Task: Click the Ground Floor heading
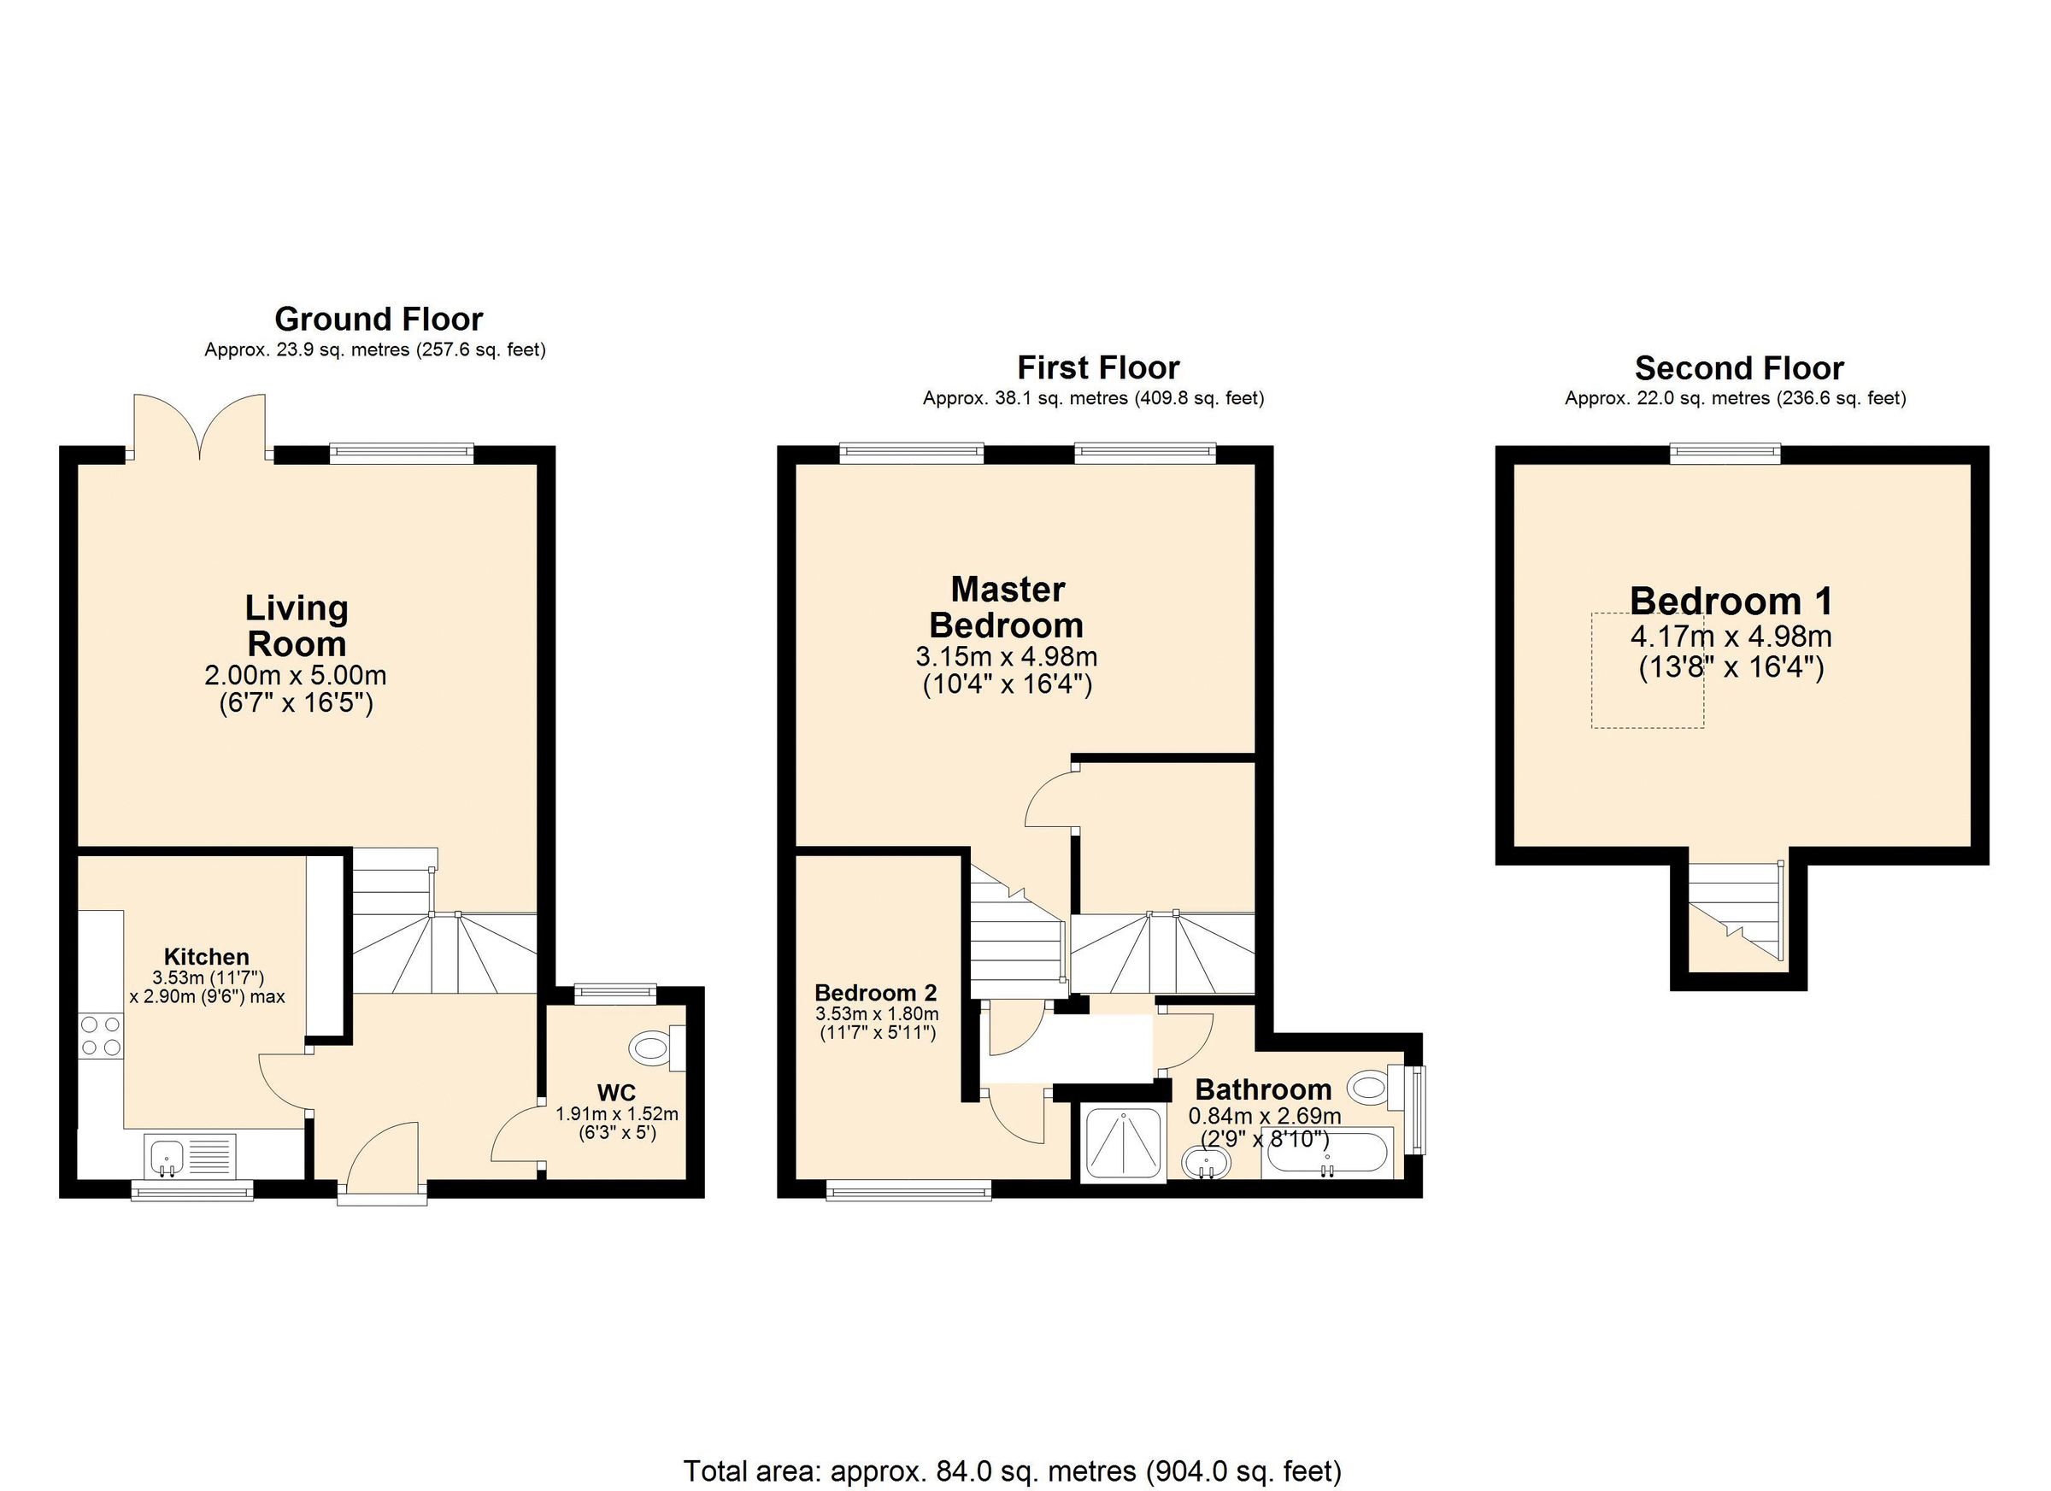pyautogui.click(x=378, y=320)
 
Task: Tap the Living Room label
pyautogui.click(x=297, y=625)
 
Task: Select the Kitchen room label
pyautogui.click(x=206, y=956)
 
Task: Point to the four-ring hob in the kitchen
pyautogui.click(x=100, y=1036)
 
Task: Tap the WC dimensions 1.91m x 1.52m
pyautogui.click(x=617, y=1115)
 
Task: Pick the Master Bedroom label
pyautogui.click(x=1007, y=607)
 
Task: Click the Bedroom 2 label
pyautogui.click(x=875, y=992)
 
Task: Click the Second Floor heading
pyautogui.click(x=1738, y=368)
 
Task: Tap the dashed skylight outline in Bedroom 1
pyautogui.click(x=1647, y=670)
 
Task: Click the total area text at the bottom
pyautogui.click(x=1012, y=1471)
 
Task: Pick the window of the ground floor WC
pyautogui.click(x=617, y=994)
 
